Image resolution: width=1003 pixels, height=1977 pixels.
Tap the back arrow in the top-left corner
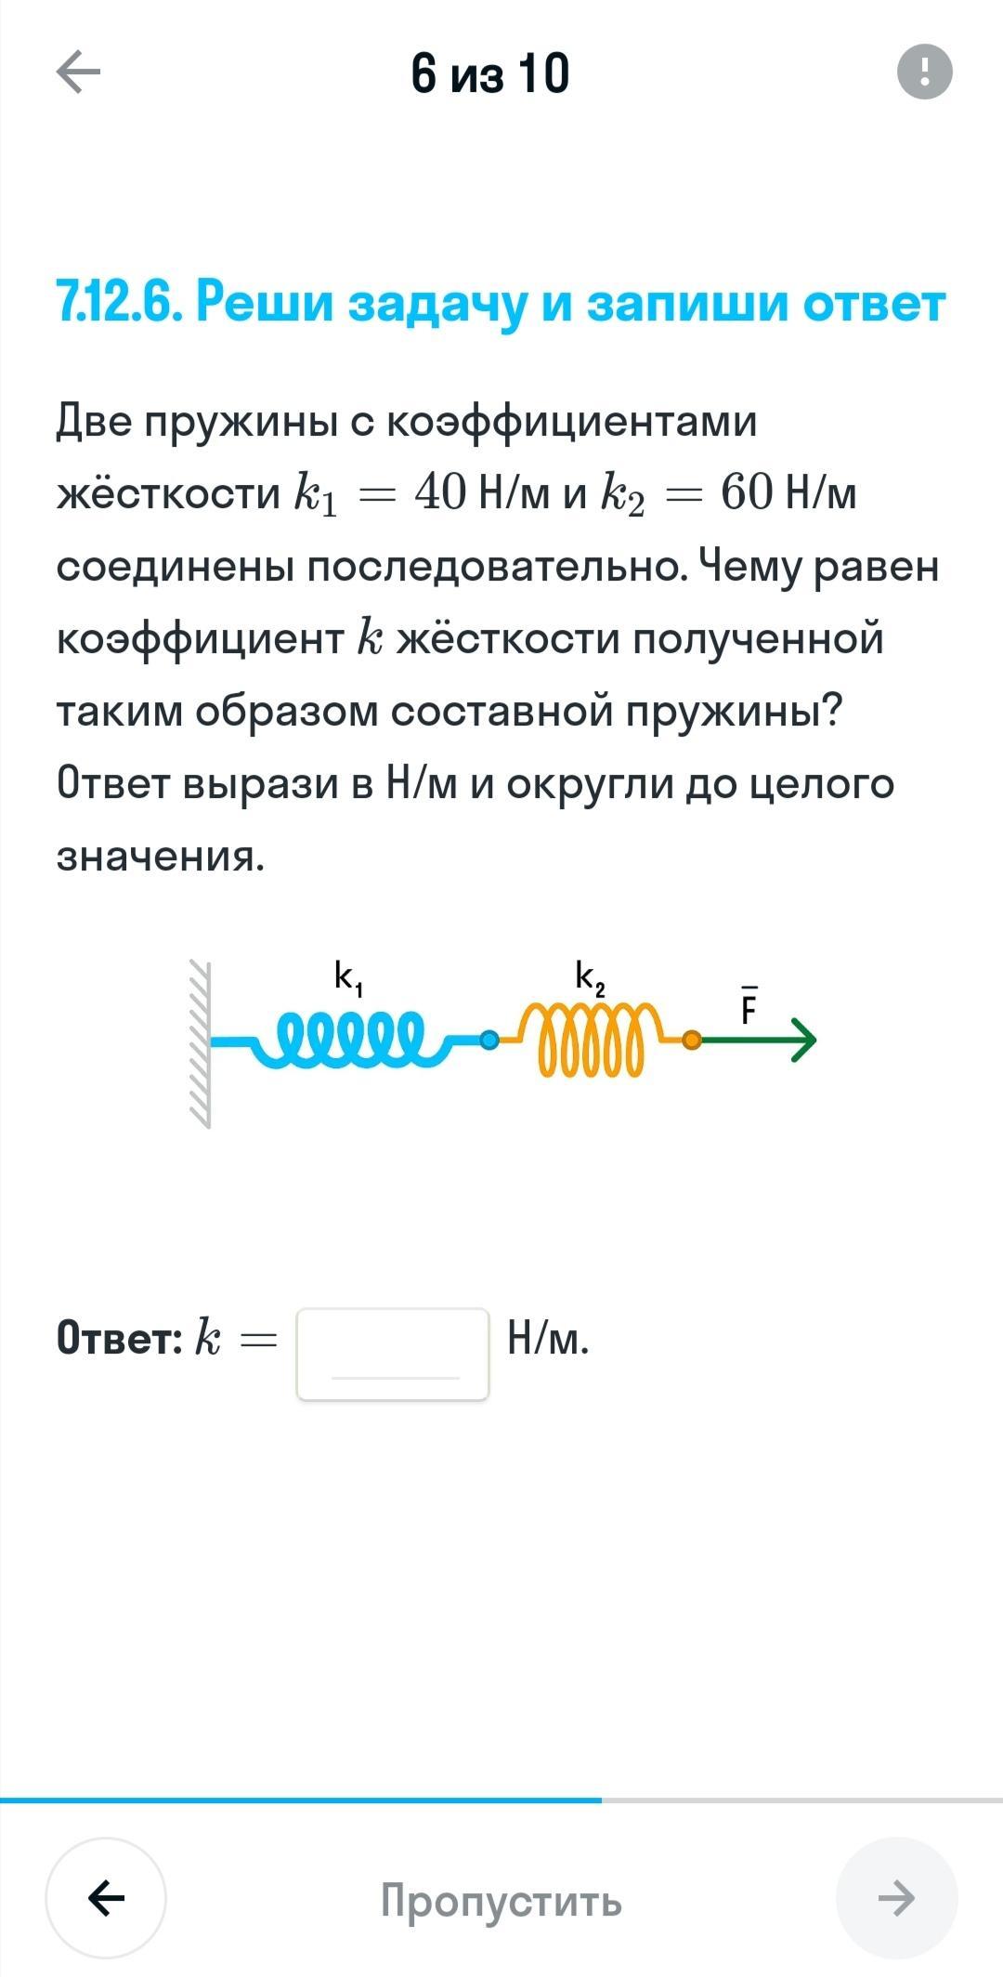click(x=78, y=72)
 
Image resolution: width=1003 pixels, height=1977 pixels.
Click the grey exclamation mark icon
click(x=925, y=72)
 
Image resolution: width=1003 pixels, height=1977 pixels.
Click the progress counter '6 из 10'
click(x=489, y=73)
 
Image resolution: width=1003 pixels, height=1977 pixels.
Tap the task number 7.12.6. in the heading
click(x=118, y=302)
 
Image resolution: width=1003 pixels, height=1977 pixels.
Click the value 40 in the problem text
click(x=440, y=492)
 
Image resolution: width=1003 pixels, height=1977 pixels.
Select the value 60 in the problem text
click(x=747, y=492)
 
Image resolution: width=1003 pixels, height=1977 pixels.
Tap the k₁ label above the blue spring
click(x=348, y=978)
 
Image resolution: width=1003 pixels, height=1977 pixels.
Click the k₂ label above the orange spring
click(x=591, y=978)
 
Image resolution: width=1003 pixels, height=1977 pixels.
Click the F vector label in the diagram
click(x=749, y=1006)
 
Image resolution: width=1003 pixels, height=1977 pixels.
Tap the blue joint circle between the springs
click(x=488, y=1041)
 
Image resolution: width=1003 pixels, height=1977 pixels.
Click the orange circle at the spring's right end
click(x=692, y=1041)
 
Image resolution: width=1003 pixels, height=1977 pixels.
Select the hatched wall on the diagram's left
click(x=200, y=1044)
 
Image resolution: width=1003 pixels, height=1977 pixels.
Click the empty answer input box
click(x=393, y=1354)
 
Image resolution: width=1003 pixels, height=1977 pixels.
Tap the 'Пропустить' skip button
click(x=501, y=1901)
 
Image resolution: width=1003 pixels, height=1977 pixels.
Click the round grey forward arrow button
click(x=896, y=1898)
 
